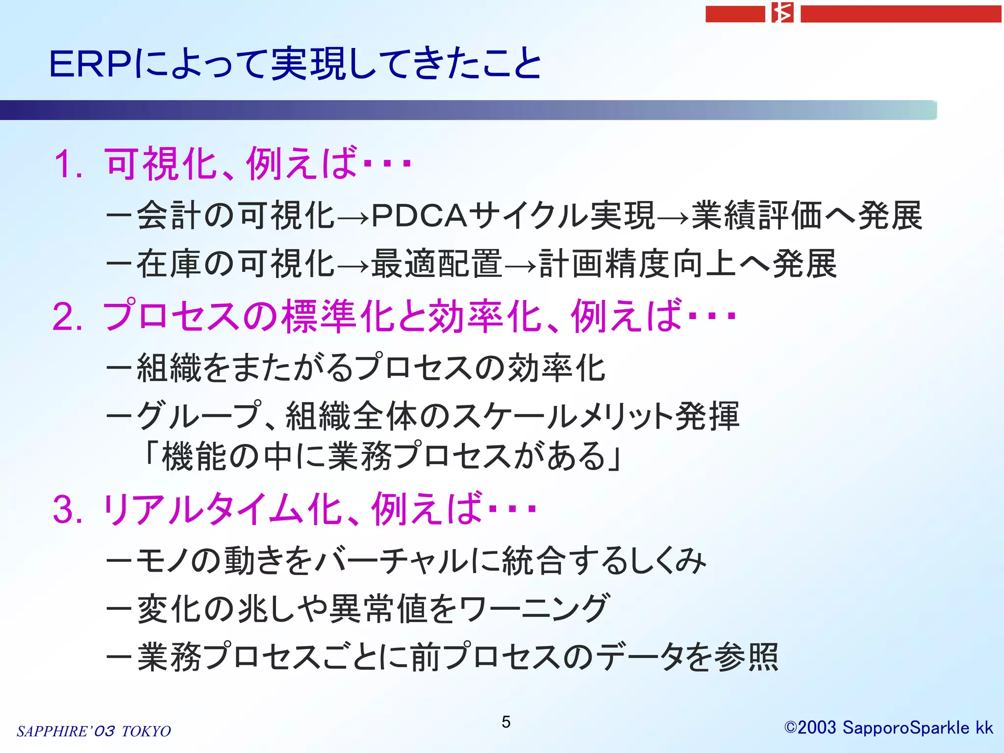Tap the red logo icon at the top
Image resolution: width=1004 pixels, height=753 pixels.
(782, 13)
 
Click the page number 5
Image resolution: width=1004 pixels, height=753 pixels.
(506, 722)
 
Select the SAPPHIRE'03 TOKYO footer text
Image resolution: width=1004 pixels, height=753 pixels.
(94, 731)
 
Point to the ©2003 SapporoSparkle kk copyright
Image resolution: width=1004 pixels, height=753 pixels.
(888, 728)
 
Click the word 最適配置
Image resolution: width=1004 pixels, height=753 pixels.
(437, 264)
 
